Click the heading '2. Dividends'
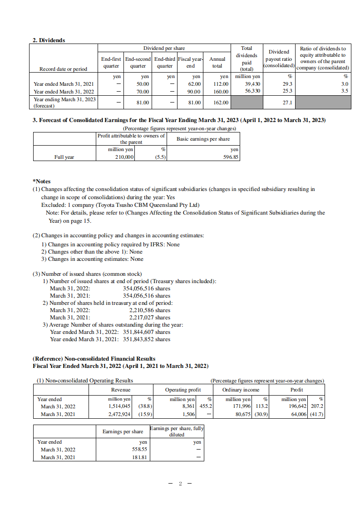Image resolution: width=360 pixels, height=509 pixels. pos(49,40)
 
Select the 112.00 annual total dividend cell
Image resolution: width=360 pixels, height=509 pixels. pos(221,84)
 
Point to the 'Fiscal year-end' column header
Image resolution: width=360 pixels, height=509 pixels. pos(191,63)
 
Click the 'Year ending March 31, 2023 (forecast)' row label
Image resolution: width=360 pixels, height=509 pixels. pos(64,103)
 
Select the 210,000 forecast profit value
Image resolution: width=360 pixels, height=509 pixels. pos(124,157)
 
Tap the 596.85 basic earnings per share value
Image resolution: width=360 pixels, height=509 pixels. pos(230,157)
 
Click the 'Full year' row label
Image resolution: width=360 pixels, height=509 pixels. pos(64,157)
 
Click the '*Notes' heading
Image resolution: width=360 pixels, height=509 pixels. pos(42,181)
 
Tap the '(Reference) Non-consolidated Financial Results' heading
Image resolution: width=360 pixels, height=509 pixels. pos(94,359)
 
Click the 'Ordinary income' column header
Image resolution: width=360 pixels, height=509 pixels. pos(241,390)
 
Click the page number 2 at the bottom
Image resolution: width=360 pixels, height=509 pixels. pos(180,484)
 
